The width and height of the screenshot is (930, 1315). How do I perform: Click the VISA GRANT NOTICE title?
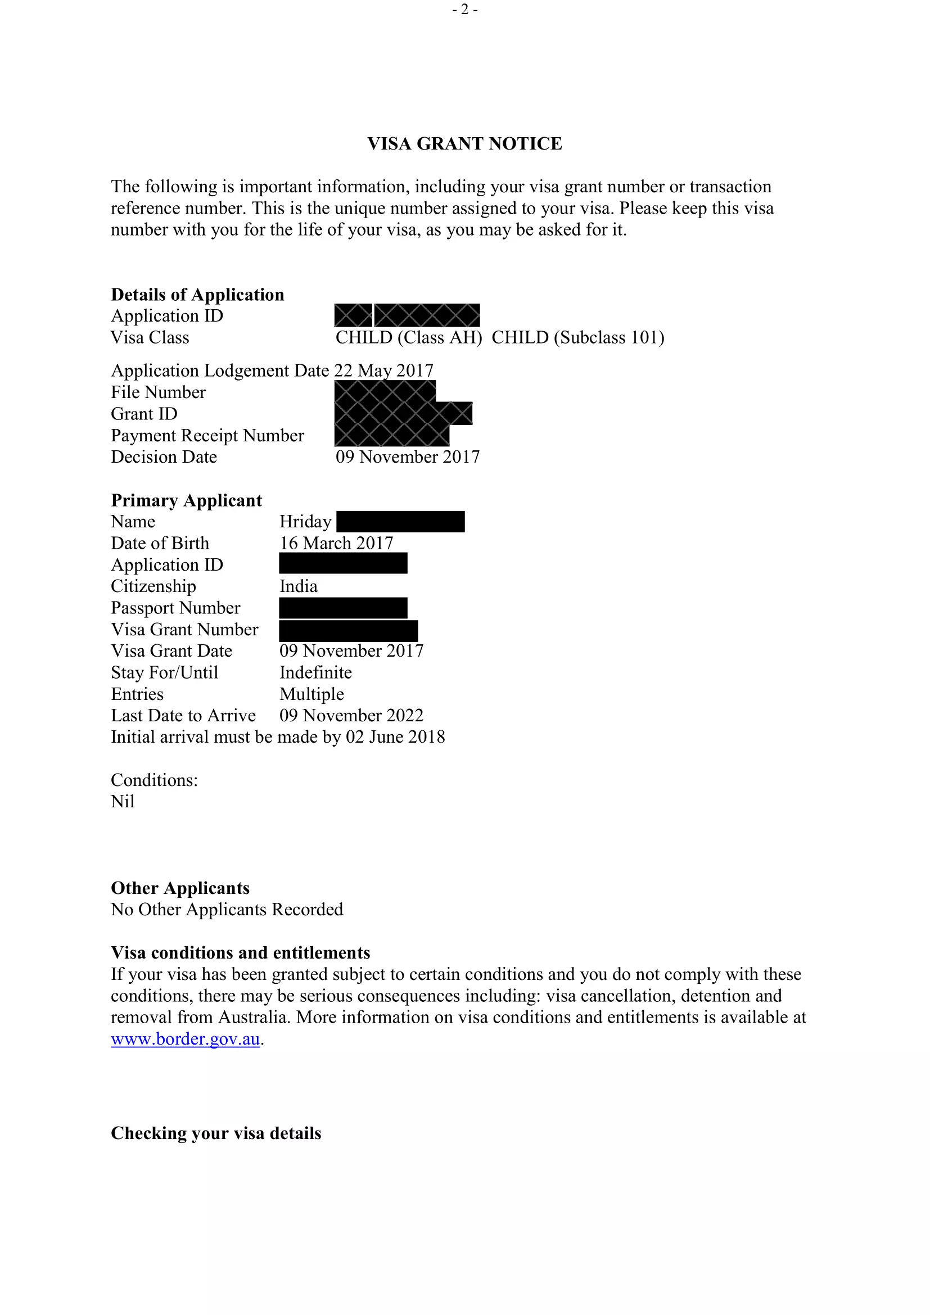tap(464, 143)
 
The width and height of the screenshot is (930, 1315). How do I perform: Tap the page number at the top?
tap(464, 10)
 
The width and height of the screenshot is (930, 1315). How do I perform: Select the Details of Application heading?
tap(197, 295)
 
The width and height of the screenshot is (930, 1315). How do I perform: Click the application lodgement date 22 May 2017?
tap(383, 370)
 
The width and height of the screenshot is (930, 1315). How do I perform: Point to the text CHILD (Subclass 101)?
tap(578, 337)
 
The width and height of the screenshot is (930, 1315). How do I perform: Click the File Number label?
tap(158, 392)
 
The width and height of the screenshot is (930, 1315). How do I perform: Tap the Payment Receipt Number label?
tap(207, 435)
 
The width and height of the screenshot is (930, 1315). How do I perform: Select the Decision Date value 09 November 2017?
tap(407, 457)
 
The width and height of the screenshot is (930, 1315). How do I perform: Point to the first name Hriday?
tap(305, 522)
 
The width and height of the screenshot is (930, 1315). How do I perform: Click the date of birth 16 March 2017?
tap(336, 543)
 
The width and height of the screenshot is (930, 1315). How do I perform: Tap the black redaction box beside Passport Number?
tap(343, 608)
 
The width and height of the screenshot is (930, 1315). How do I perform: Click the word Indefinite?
tap(315, 672)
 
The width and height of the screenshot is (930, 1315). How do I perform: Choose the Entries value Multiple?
tap(311, 694)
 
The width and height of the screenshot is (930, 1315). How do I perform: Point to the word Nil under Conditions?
tap(123, 802)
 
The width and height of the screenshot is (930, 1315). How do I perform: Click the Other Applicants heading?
tap(180, 888)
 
